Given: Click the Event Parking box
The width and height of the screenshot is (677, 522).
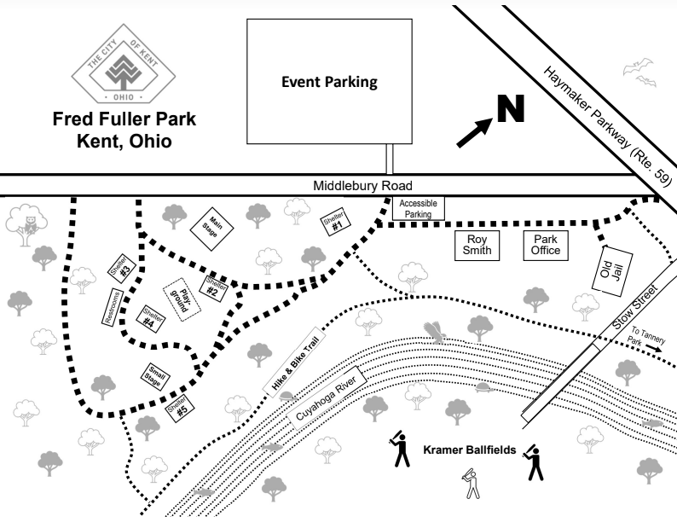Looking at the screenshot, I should pos(329,83).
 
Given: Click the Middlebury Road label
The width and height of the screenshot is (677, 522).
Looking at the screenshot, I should pos(362,185).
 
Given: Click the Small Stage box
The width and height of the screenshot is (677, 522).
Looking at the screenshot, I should pos(155,375).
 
